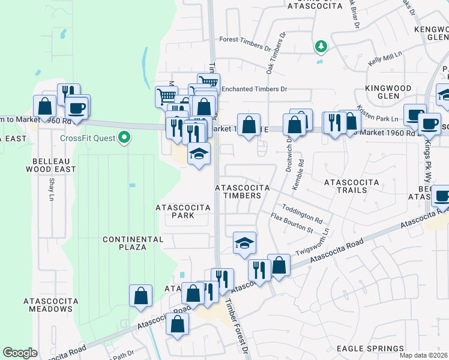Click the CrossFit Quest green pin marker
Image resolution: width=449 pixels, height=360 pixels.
click(x=125, y=138)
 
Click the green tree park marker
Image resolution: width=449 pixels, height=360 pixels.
click(x=322, y=46)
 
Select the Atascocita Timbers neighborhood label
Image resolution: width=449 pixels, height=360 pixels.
click(x=238, y=191)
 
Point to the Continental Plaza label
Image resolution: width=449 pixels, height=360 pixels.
click(x=133, y=243)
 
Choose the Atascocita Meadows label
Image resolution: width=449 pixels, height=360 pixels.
click(x=47, y=305)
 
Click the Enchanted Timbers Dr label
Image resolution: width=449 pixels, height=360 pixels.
click(x=254, y=89)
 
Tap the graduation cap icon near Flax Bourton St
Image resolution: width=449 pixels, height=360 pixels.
click(x=244, y=243)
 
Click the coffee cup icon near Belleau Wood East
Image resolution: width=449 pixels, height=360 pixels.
click(x=77, y=107)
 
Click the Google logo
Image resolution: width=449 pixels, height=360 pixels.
click(x=20, y=353)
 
